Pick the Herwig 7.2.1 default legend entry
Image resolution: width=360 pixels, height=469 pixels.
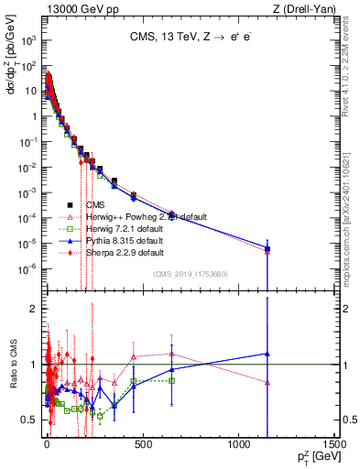(124, 228)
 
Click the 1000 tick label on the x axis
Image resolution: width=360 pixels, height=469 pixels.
(237, 446)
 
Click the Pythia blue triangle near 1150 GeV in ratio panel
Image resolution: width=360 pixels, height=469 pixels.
(267, 354)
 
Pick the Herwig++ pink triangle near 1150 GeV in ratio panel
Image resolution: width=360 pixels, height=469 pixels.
(267, 383)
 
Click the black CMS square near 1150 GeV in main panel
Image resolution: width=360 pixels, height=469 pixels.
(267, 248)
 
